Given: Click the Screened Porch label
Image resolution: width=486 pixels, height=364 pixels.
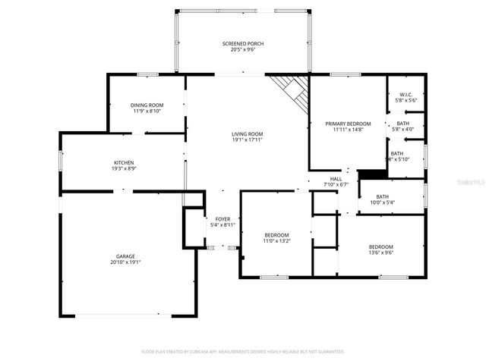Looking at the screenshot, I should pos(243,44).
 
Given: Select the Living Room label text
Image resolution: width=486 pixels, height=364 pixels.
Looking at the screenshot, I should pos(247,134).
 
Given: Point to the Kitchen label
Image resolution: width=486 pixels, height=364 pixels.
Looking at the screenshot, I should pos(124,162).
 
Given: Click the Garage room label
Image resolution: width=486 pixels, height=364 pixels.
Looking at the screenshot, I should pos(125,256).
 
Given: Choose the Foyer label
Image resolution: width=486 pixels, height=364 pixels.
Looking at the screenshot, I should pos(222,219).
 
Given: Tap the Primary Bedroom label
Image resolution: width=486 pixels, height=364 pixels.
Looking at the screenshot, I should pos(348,124).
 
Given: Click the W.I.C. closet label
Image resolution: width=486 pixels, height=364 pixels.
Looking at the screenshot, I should pos(406,95).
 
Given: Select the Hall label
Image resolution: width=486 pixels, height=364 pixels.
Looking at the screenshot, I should pos(336,179).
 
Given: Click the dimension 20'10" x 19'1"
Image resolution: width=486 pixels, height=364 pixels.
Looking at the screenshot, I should pos(125,262).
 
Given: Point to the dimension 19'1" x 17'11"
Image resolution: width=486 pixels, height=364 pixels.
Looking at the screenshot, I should pos(247,140).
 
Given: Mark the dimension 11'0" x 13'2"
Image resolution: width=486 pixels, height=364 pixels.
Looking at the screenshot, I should pos(276,240).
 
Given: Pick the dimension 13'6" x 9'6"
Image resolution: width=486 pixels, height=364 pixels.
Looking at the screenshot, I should pos(381,253).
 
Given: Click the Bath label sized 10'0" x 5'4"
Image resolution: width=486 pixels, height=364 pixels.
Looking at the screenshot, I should pos(382,196).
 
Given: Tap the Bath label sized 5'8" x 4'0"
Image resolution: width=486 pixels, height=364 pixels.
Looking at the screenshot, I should pos(402,123).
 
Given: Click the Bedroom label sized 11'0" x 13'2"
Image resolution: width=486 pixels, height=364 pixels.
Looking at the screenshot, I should pos(276,234).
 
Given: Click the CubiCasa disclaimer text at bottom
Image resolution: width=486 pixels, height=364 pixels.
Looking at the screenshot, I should pos(243,352).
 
